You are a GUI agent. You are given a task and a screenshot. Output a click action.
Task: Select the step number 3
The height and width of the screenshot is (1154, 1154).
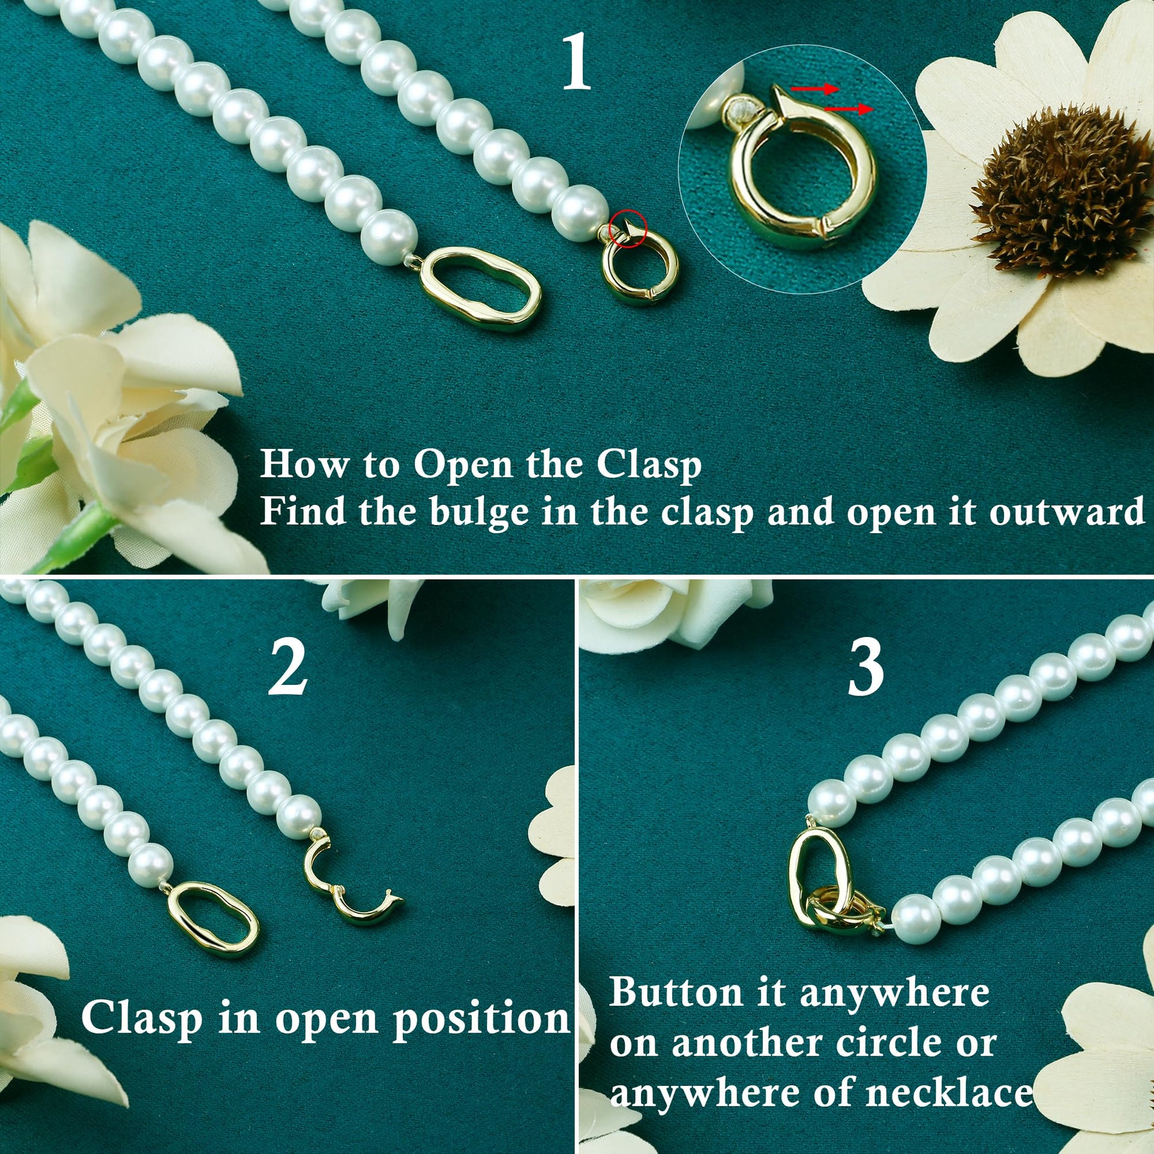(866, 668)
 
